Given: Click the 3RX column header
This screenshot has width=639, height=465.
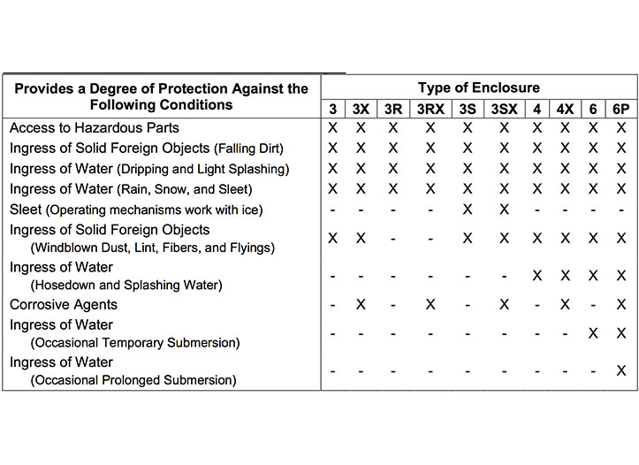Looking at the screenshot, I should tap(430, 109).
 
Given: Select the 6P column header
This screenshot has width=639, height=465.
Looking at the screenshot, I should tap(620, 109).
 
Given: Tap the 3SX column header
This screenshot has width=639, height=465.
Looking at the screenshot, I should tap(504, 109).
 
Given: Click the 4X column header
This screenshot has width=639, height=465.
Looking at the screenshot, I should tap(564, 109).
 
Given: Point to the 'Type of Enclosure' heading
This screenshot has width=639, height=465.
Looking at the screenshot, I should tap(478, 88).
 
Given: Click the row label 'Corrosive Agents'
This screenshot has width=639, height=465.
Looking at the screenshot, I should tap(64, 304).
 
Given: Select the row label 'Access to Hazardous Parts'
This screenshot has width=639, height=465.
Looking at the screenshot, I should tap(95, 127).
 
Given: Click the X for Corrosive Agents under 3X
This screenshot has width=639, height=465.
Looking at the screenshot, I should tap(361, 304).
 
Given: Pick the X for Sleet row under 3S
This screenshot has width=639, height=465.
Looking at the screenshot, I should tap(467, 210).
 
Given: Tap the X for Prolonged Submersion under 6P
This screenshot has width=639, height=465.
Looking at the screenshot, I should tap(620, 370).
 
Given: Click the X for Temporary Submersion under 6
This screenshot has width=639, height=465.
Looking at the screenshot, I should tap(593, 333).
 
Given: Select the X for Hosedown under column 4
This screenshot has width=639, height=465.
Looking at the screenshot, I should tap(536, 275).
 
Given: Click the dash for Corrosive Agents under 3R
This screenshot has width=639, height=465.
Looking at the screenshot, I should tap(392, 304).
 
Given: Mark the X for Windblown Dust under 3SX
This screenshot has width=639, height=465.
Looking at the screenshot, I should tap(504, 238).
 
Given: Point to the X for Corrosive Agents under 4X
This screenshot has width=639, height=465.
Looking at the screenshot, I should tap(564, 304).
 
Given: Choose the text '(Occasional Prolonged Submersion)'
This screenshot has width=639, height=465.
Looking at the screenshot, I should tap(133, 380).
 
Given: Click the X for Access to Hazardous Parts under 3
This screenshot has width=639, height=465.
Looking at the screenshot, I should tap(332, 127).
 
